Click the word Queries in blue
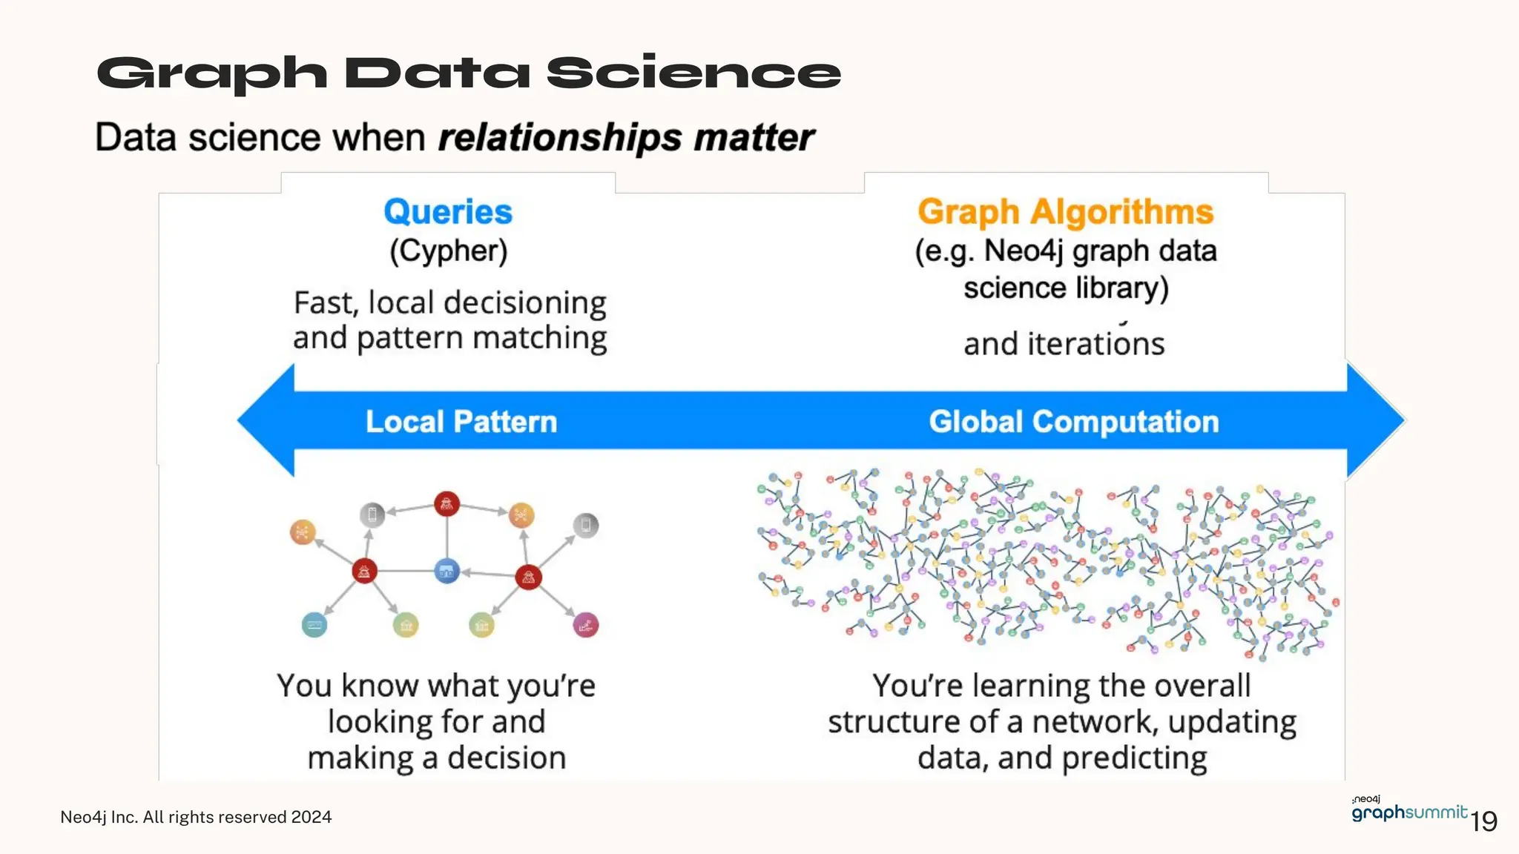[x=448, y=212]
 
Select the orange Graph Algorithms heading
[x=1065, y=212]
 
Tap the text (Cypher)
[x=449, y=251]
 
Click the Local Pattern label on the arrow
[x=461, y=421]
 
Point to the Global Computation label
[x=1073, y=421]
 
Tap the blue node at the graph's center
[x=447, y=571]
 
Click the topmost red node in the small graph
[x=447, y=504]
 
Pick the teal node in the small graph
[x=314, y=625]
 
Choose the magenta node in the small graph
[x=586, y=625]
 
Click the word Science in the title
[x=693, y=74]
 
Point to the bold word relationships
[x=559, y=139]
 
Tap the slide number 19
[x=1483, y=821]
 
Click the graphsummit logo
[x=1408, y=811]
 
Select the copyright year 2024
[x=312, y=817]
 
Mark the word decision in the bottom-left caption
[x=507, y=758]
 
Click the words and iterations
[x=1064, y=344]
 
